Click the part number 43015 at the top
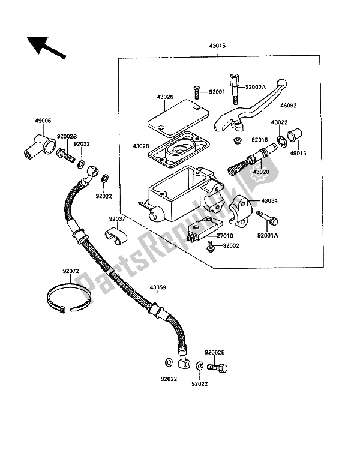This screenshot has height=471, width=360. (x=217, y=46)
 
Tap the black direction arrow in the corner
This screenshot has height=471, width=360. (x=45, y=47)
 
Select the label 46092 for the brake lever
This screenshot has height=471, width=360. (x=289, y=106)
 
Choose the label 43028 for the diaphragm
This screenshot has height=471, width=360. (x=140, y=146)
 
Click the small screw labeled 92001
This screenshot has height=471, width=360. (x=196, y=92)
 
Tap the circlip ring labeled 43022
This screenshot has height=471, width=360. (x=282, y=142)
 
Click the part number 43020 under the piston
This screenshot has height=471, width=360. (x=260, y=172)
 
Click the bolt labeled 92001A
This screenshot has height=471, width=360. (x=267, y=218)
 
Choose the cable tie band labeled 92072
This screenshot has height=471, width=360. (x=69, y=298)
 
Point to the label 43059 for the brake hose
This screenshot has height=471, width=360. (x=158, y=287)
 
